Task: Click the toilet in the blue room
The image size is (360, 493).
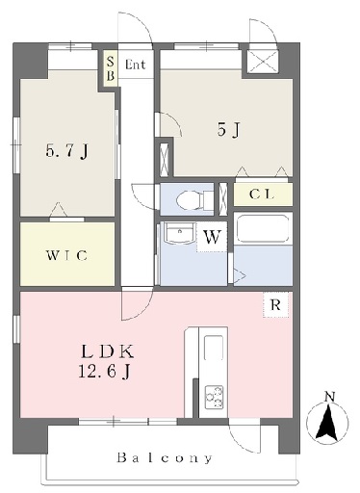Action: pos(194,199)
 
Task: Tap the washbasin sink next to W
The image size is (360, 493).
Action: pos(179,233)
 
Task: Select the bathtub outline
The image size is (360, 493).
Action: pos(263,228)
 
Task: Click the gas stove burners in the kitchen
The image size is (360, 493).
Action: pos(214,397)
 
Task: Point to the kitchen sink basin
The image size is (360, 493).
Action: pos(214,348)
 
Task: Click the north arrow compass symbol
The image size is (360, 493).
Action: pos(327,422)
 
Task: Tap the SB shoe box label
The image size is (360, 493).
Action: pos(111,68)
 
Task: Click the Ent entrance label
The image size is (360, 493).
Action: pos(135,65)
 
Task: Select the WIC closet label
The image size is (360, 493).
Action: pos(66,255)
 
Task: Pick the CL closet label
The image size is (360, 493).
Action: pos(262,195)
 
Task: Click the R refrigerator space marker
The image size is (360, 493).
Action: pos(275,304)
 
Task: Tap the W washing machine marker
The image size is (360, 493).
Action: pos(212,238)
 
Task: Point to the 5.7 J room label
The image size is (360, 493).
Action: pos(66,151)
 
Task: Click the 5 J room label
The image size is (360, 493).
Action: pos(228,130)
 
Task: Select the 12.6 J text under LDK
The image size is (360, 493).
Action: pos(104,372)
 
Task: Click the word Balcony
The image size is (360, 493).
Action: pos(165,457)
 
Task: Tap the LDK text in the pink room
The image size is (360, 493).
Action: pos(108,351)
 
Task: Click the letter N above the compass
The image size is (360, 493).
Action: pos(329,397)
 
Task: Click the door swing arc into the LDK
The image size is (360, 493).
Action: pos(143,311)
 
